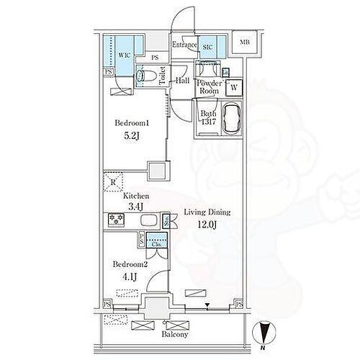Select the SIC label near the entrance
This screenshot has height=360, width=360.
point(208,47)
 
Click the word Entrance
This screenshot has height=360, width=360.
point(184,45)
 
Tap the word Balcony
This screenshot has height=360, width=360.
point(174,333)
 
